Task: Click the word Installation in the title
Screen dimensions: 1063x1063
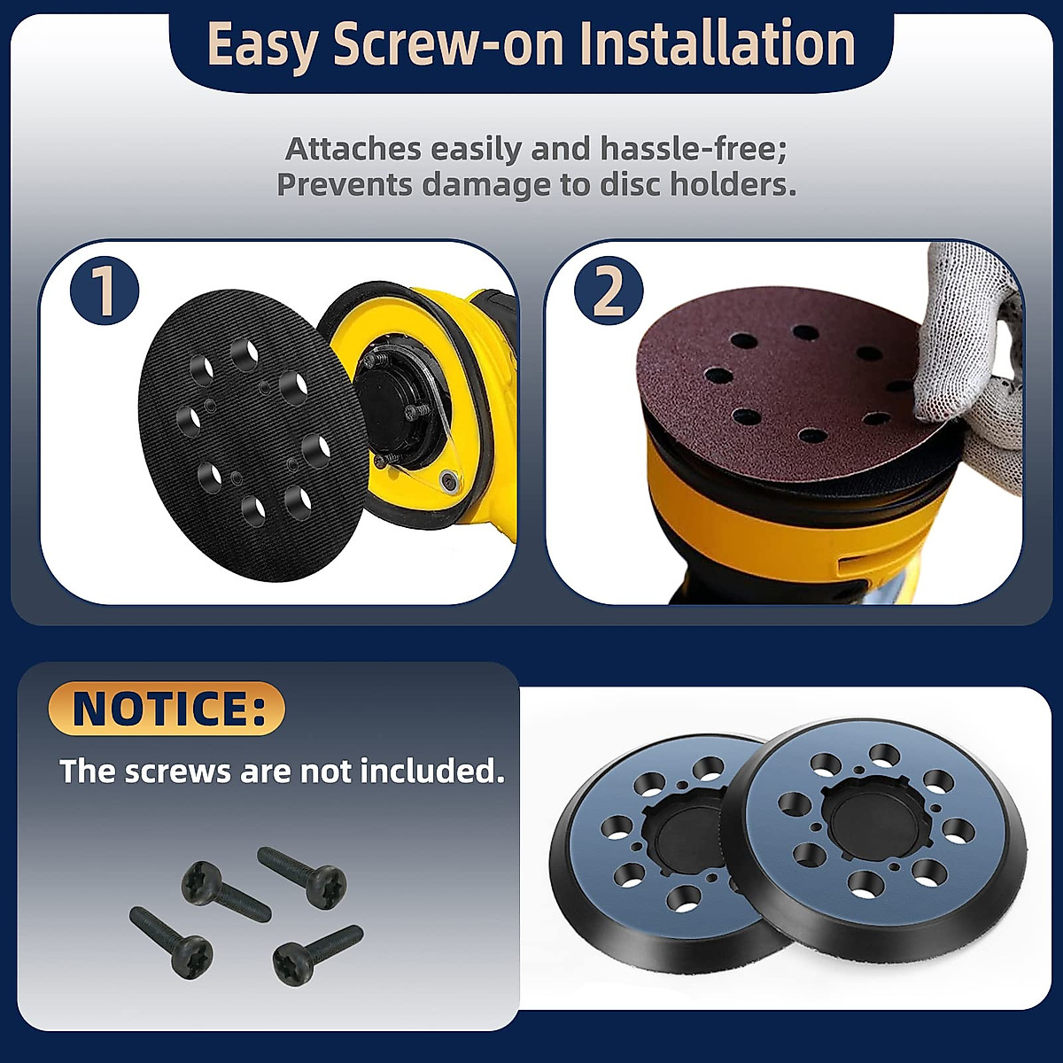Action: pyautogui.click(x=720, y=44)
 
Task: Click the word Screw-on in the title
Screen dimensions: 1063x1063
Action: pyautogui.click(x=448, y=44)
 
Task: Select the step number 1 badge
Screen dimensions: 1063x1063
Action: pyautogui.click(x=105, y=290)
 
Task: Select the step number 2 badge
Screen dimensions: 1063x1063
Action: pyautogui.click(x=609, y=291)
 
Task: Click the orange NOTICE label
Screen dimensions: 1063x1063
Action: pyautogui.click(x=167, y=709)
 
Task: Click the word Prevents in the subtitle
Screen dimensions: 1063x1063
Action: pyautogui.click(x=345, y=185)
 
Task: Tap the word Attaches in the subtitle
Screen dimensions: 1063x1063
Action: pyautogui.click(x=353, y=149)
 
